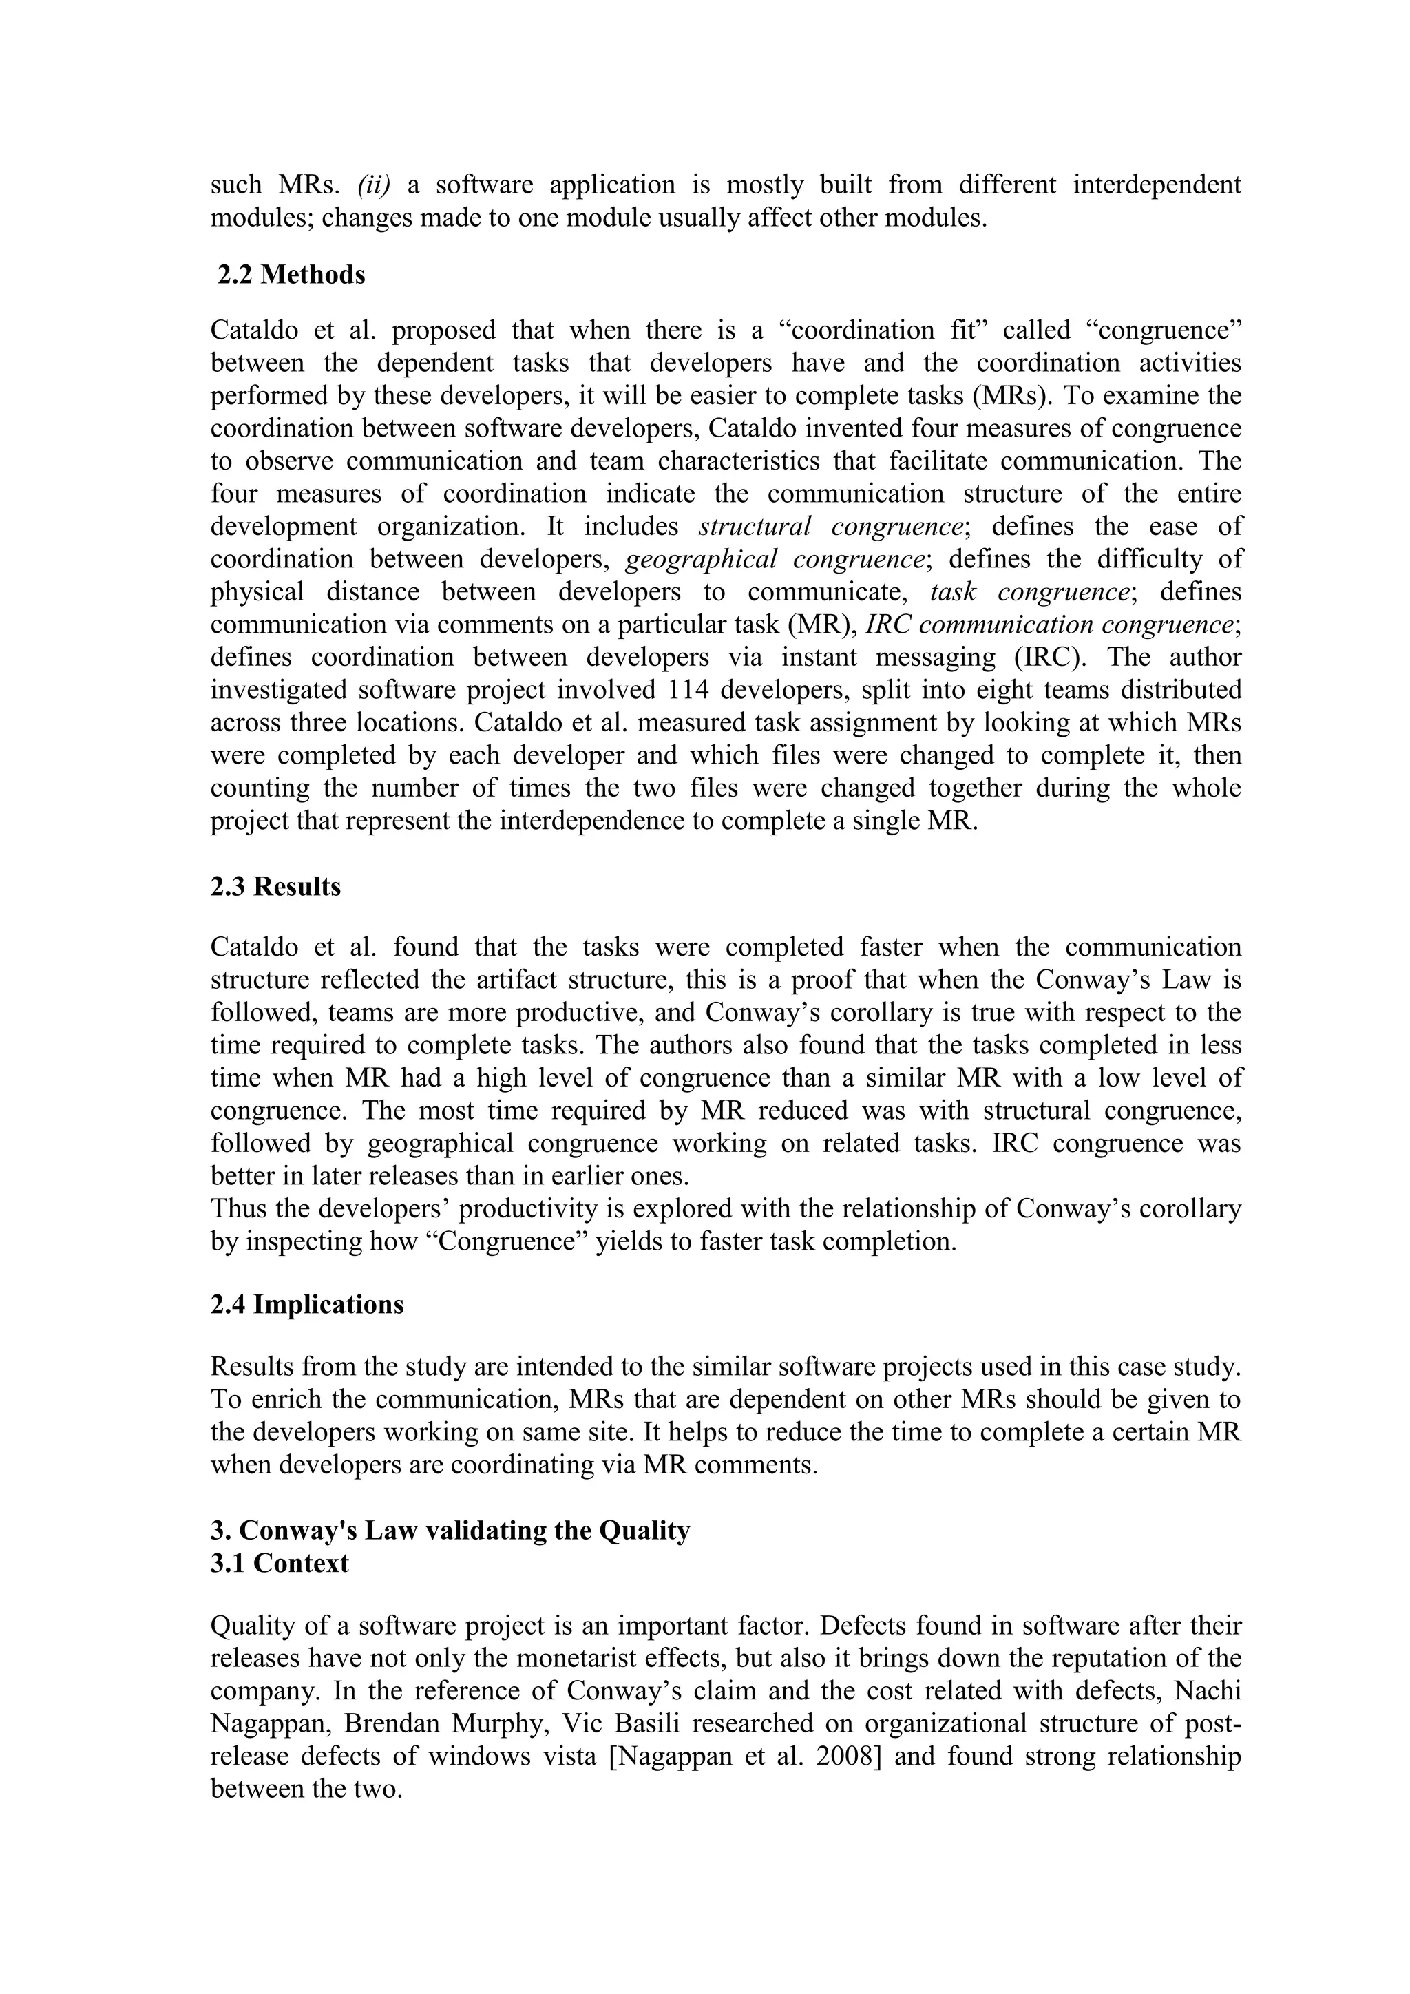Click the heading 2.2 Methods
(291, 275)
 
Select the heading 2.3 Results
(275, 887)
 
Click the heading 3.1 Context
(279, 1563)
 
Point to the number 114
(693, 689)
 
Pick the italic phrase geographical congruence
(774, 559)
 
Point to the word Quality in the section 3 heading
(643, 1530)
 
